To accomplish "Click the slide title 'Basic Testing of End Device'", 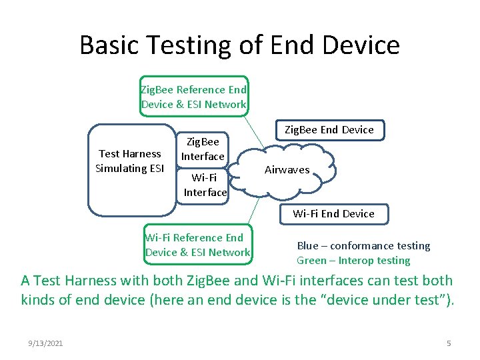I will [239, 45].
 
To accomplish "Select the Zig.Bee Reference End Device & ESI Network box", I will [193, 97].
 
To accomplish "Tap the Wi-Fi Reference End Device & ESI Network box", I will [198, 245].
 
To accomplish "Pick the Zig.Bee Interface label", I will [203, 149].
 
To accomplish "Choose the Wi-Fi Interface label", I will [205, 185].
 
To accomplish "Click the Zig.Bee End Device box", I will [329, 129].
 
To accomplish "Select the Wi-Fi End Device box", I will [333, 213].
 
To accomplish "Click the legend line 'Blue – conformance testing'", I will [363, 245].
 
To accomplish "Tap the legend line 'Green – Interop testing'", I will [353, 260].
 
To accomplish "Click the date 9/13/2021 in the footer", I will [46, 343].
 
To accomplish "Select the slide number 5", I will [449, 343].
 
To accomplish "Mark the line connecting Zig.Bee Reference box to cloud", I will [257, 130].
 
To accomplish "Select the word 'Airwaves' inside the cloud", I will [287, 170].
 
